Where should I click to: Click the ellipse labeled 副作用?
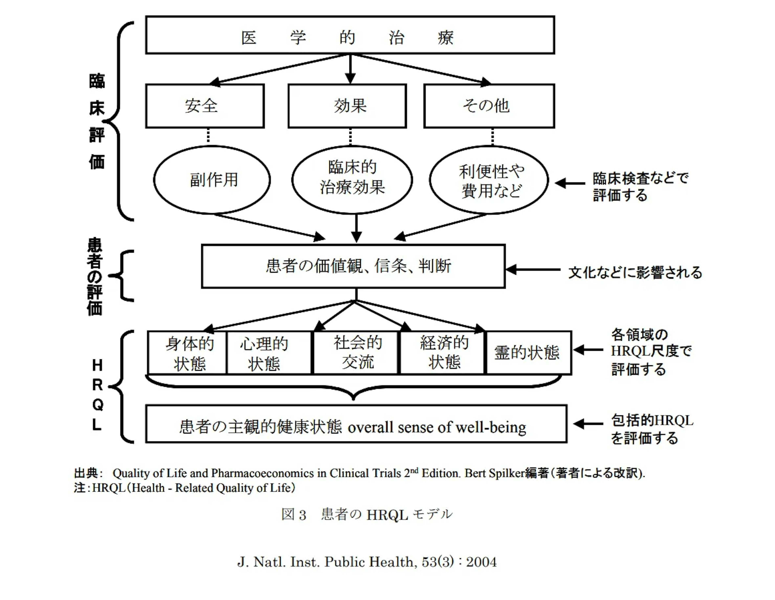pyautogui.click(x=212, y=180)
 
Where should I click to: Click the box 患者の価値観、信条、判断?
pyautogui.click(x=353, y=266)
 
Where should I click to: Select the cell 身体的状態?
pyautogui.click(x=187, y=353)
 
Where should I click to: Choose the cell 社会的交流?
pyautogui.click(x=356, y=353)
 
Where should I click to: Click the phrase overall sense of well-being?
pyautogui.click(x=437, y=427)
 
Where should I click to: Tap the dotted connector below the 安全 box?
pyautogui.click(x=208, y=136)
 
